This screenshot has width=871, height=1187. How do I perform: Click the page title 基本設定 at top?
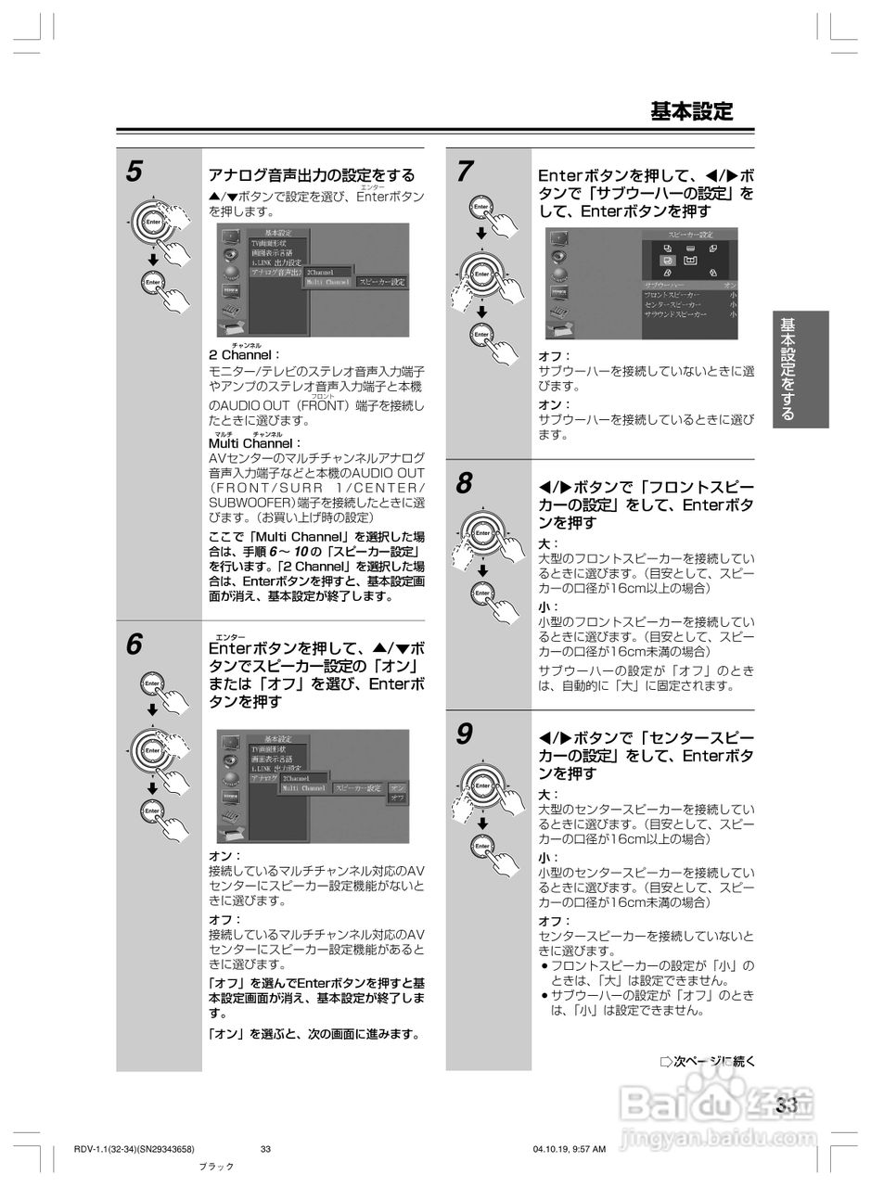691,112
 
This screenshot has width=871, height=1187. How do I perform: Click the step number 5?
134,172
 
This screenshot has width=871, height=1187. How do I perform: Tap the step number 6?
134,645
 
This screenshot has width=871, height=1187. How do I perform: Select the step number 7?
465,172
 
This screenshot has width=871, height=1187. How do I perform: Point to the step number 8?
465,483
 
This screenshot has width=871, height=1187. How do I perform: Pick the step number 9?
465,734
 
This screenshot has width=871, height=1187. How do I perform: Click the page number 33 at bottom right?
787,1105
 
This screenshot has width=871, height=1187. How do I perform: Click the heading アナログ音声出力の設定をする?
311,175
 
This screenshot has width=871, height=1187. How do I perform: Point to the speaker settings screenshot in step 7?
642,284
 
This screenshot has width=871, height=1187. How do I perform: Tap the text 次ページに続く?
708,1061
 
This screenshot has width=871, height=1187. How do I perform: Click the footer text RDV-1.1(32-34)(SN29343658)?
134,1149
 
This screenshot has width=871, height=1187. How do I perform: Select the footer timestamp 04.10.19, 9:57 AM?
570,1149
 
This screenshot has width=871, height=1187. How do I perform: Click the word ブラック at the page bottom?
217,1167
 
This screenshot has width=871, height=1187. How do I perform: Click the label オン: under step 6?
224,855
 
